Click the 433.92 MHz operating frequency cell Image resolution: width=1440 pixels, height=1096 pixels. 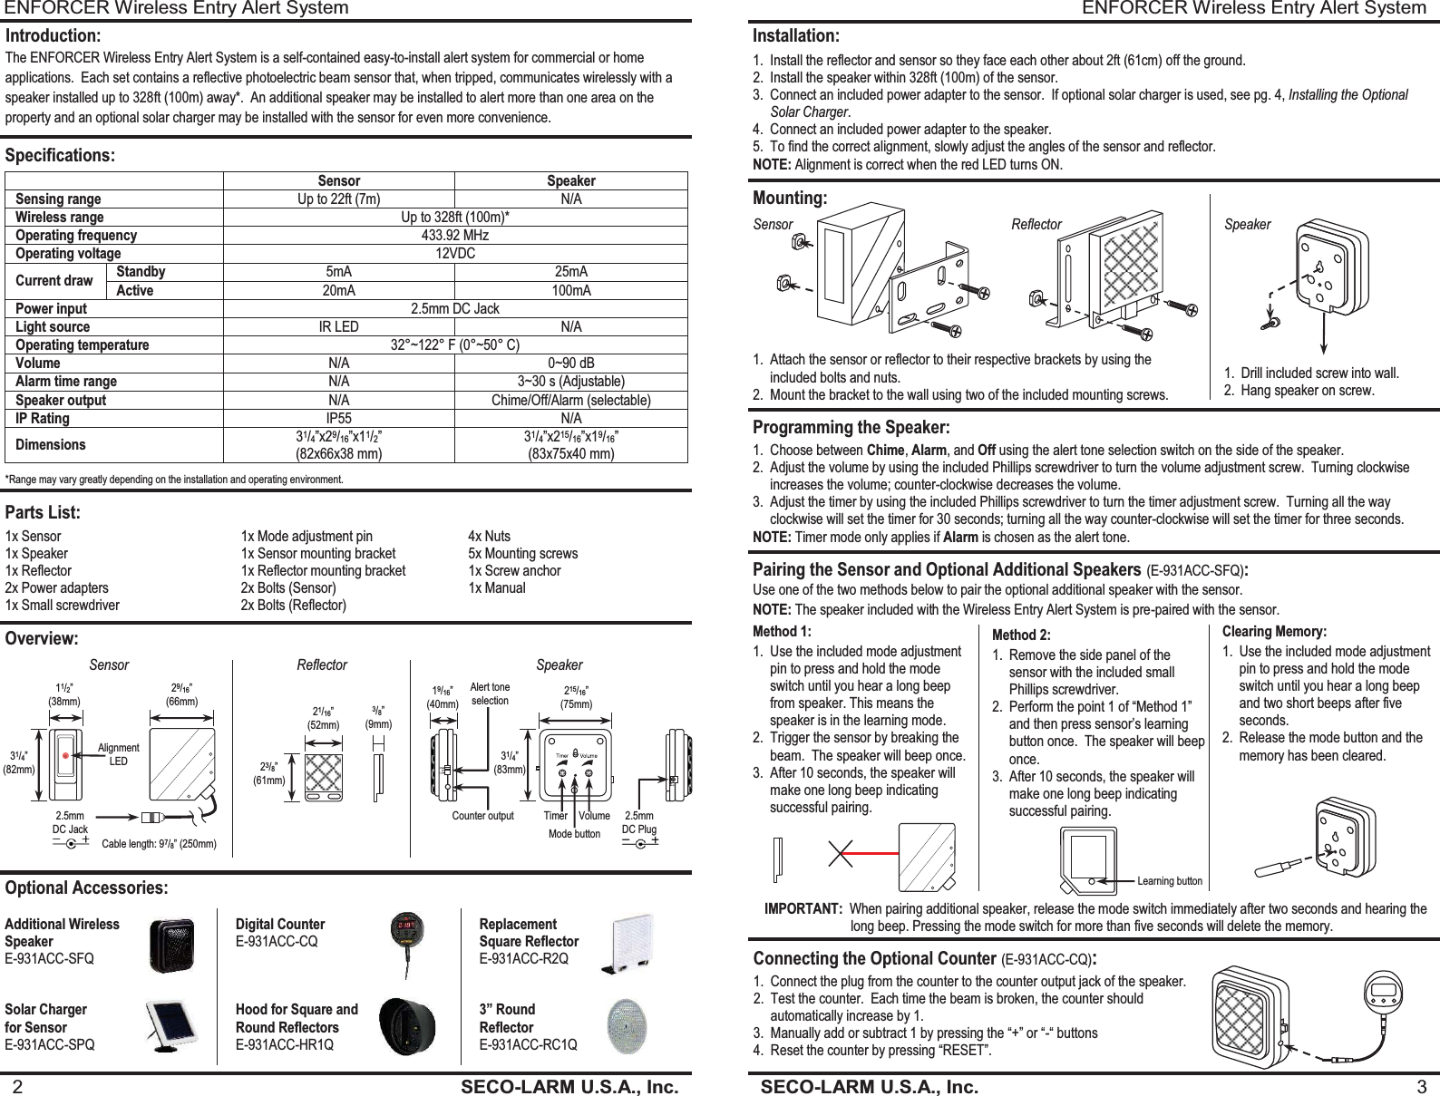pyautogui.click(x=455, y=236)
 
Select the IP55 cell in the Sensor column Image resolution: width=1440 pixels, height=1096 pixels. pyautogui.click(x=338, y=419)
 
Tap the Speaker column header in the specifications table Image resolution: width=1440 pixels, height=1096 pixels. pyautogui.click(x=570, y=181)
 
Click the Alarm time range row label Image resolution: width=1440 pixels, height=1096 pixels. pyautogui.click(x=66, y=382)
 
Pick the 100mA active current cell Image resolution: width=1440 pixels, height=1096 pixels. pyautogui.click(x=570, y=291)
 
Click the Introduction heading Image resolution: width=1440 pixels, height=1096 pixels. pyautogui.click(x=54, y=36)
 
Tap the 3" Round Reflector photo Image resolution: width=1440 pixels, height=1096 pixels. pyautogui.click(x=626, y=1026)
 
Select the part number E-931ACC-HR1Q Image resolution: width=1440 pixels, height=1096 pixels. pyautogui.click(x=284, y=1044)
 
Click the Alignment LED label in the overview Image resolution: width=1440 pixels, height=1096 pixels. pyautogui.click(x=118, y=754)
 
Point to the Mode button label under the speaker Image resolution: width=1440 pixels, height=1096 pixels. pyautogui.click(x=574, y=834)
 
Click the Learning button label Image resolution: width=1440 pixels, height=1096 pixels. pyautogui.click(x=1169, y=881)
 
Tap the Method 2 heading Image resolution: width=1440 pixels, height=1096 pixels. pyautogui.click(x=1021, y=635)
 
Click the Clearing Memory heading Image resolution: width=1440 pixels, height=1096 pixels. pyautogui.click(x=1274, y=632)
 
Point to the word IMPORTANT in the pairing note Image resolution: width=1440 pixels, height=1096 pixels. pyautogui.click(x=802, y=909)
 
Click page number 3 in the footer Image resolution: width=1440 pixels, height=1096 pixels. pyautogui.click(x=1421, y=1087)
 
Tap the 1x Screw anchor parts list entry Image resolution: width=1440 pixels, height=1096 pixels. pyautogui.click(x=514, y=571)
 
